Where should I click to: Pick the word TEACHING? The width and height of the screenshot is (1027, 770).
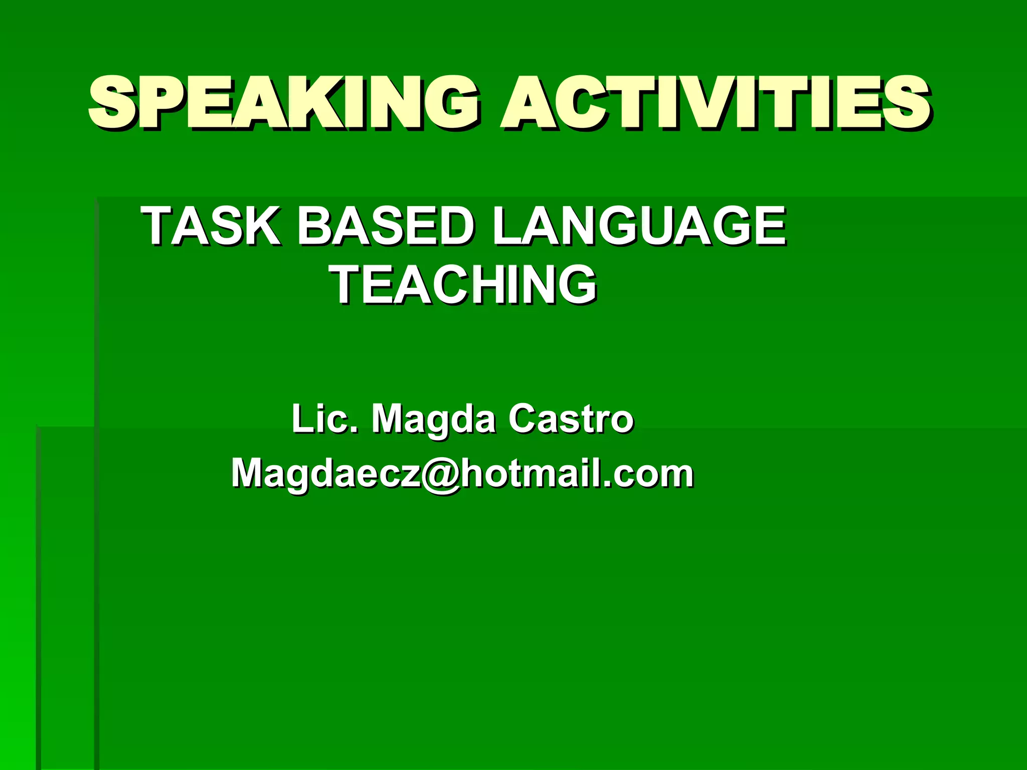tap(464, 285)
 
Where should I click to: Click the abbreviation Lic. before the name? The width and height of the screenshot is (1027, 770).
tap(324, 419)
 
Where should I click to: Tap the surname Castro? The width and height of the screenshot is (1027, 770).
tap(571, 419)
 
